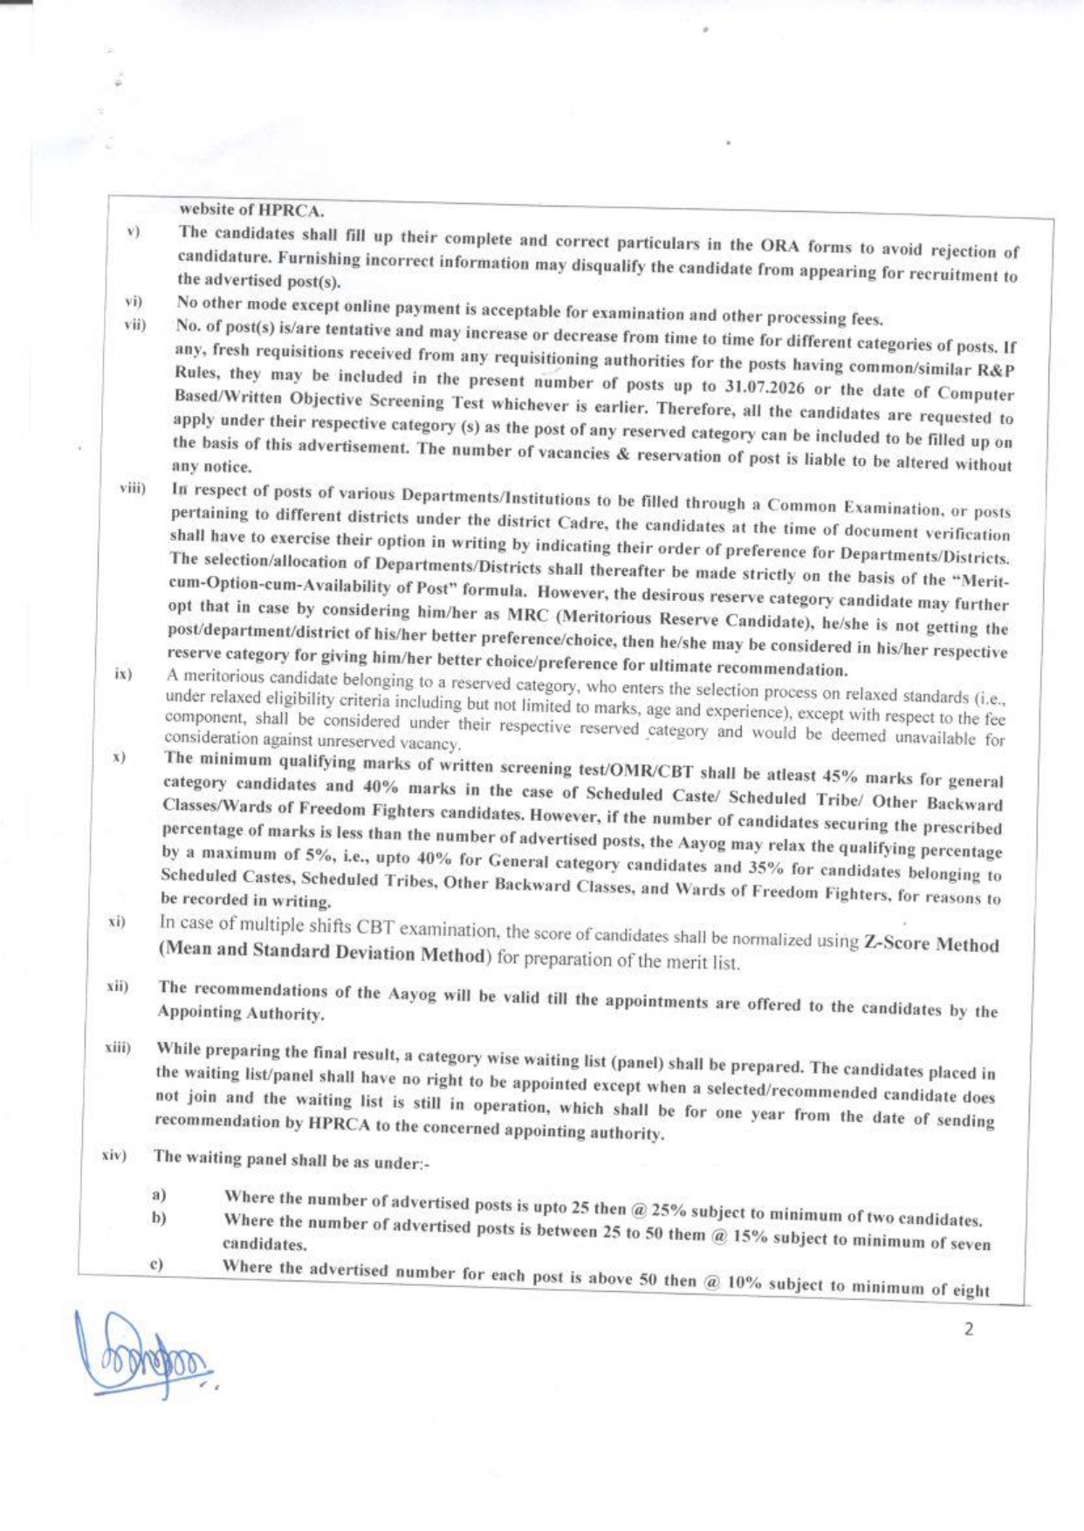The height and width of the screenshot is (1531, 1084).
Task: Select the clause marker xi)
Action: point(117,922)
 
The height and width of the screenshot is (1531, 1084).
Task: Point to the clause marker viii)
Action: point(133,488)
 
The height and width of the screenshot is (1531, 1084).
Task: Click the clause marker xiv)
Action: point(113,1156)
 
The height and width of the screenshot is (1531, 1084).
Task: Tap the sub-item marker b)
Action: point(159,1218)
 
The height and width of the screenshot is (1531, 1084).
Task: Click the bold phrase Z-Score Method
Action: point(931,944)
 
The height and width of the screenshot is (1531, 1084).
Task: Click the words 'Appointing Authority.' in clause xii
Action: point(240,1013)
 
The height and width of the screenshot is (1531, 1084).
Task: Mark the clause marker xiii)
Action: point(117,1047)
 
